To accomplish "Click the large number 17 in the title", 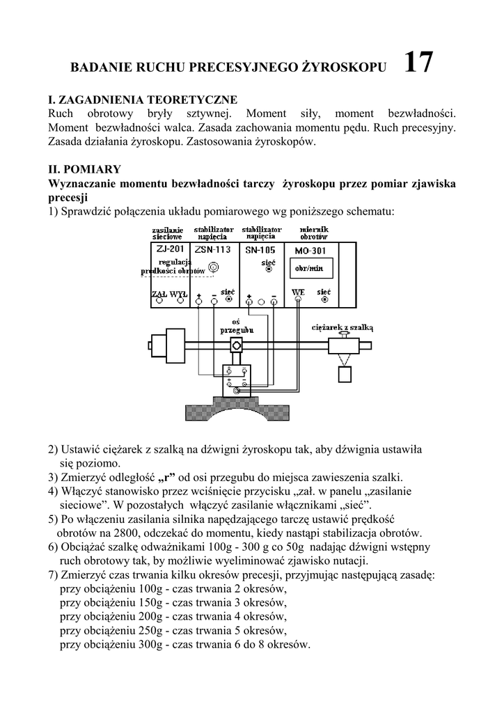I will click(418, 63).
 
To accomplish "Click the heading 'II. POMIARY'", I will click(84, 169).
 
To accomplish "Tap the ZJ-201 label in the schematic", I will click(171, 249).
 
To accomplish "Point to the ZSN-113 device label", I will click(212, 249).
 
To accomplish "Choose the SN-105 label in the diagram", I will click(260, 249).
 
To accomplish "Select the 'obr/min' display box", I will click(308, 267).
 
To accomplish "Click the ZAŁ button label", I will click(159, 294).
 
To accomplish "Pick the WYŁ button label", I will click(178, 294).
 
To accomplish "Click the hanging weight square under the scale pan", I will click(345, 374).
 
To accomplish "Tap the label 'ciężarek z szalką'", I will click(342, 326).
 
